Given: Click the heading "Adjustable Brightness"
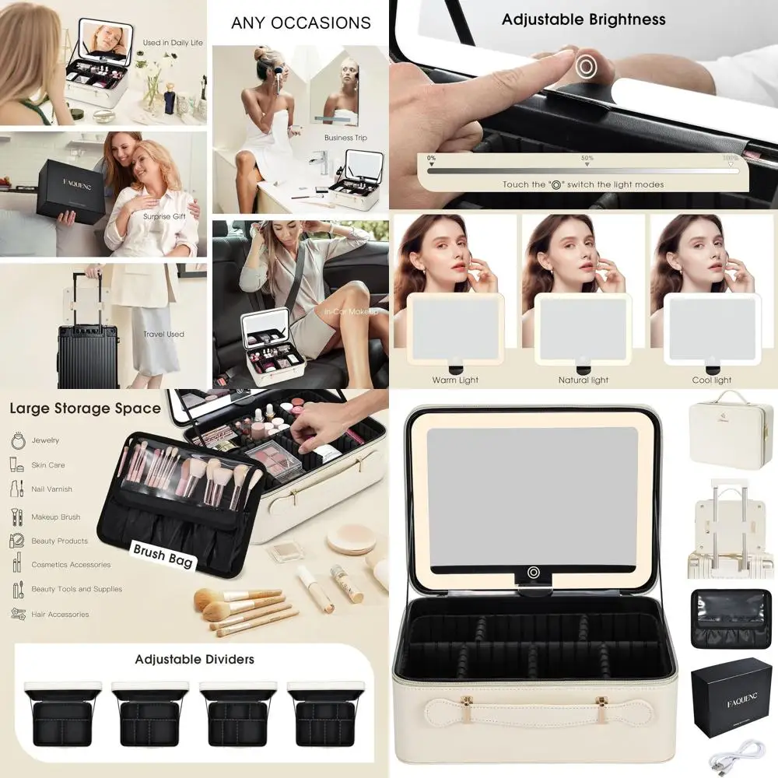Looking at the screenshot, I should pos(583,19).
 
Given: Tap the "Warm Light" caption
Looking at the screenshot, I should pos(455,380).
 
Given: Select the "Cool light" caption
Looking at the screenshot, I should pos(712,380).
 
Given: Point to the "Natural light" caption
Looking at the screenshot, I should pos(583,380).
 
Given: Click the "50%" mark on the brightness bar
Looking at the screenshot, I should pos(587,159).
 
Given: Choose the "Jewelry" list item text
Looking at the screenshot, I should pos(45,440).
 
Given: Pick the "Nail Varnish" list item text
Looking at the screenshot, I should pos(51,489).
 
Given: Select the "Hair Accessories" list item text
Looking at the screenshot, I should pos(60,615).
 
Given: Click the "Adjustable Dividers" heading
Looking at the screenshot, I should pos(194,659).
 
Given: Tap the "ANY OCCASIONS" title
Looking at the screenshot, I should pos(301,23).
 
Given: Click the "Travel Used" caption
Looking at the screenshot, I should pos(163,335).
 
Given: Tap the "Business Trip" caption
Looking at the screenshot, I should pos(345,138).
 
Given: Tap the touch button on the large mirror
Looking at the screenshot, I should pos(534,573).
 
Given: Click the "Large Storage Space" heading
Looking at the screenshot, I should pos(85,408).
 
